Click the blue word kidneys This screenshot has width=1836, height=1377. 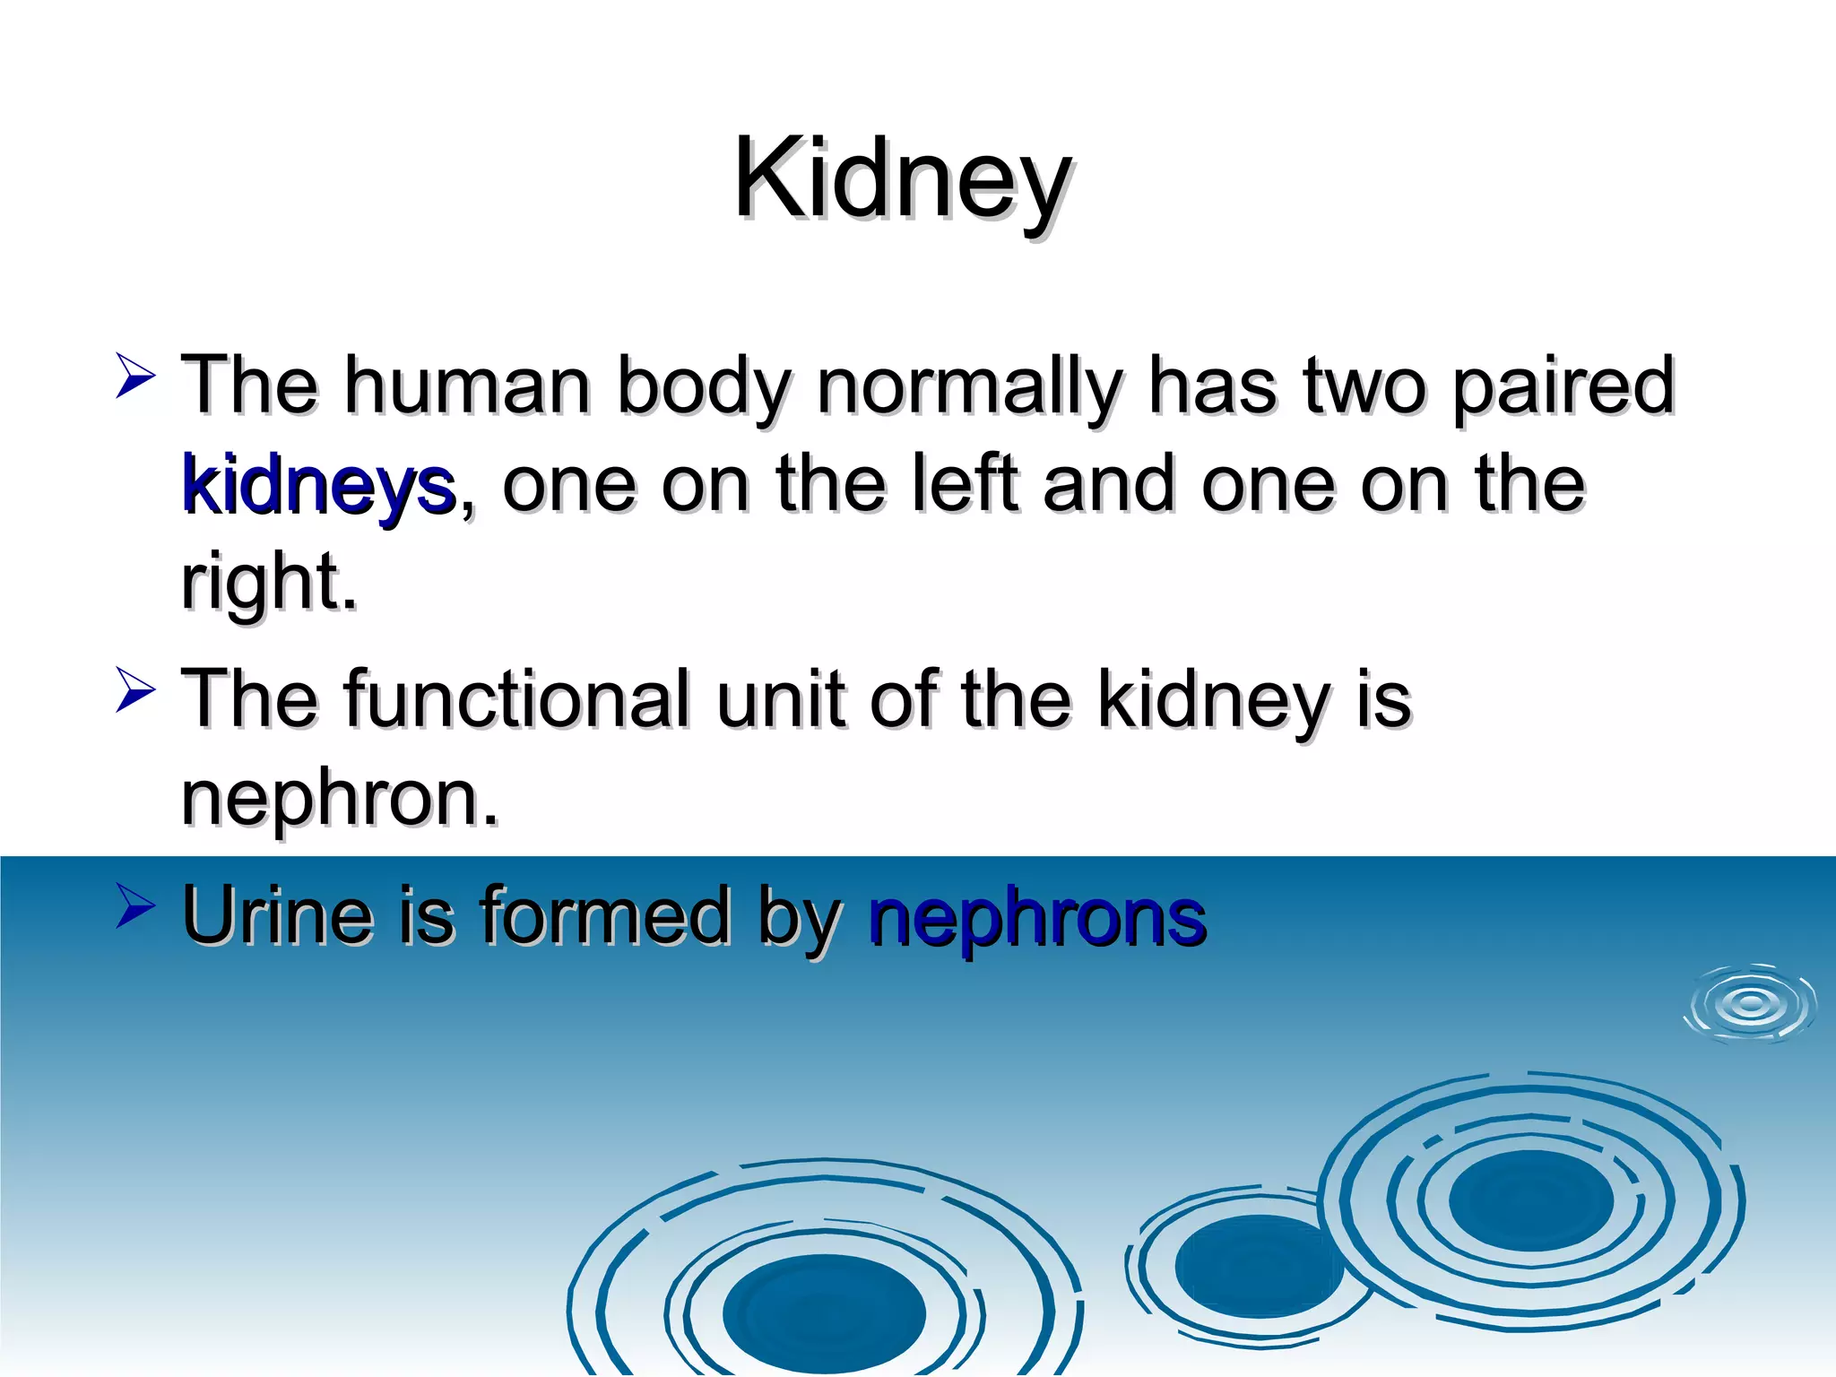318,486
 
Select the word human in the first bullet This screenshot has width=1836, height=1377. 468,385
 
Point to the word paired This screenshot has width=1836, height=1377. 1563,387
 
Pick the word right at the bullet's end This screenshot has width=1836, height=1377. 267,583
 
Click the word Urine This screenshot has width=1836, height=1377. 277,916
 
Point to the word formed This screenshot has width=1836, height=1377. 605,916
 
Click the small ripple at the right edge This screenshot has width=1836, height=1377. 1751,1005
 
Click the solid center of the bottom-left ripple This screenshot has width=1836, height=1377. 824,1312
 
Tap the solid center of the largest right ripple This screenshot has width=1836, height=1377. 1530,1200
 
